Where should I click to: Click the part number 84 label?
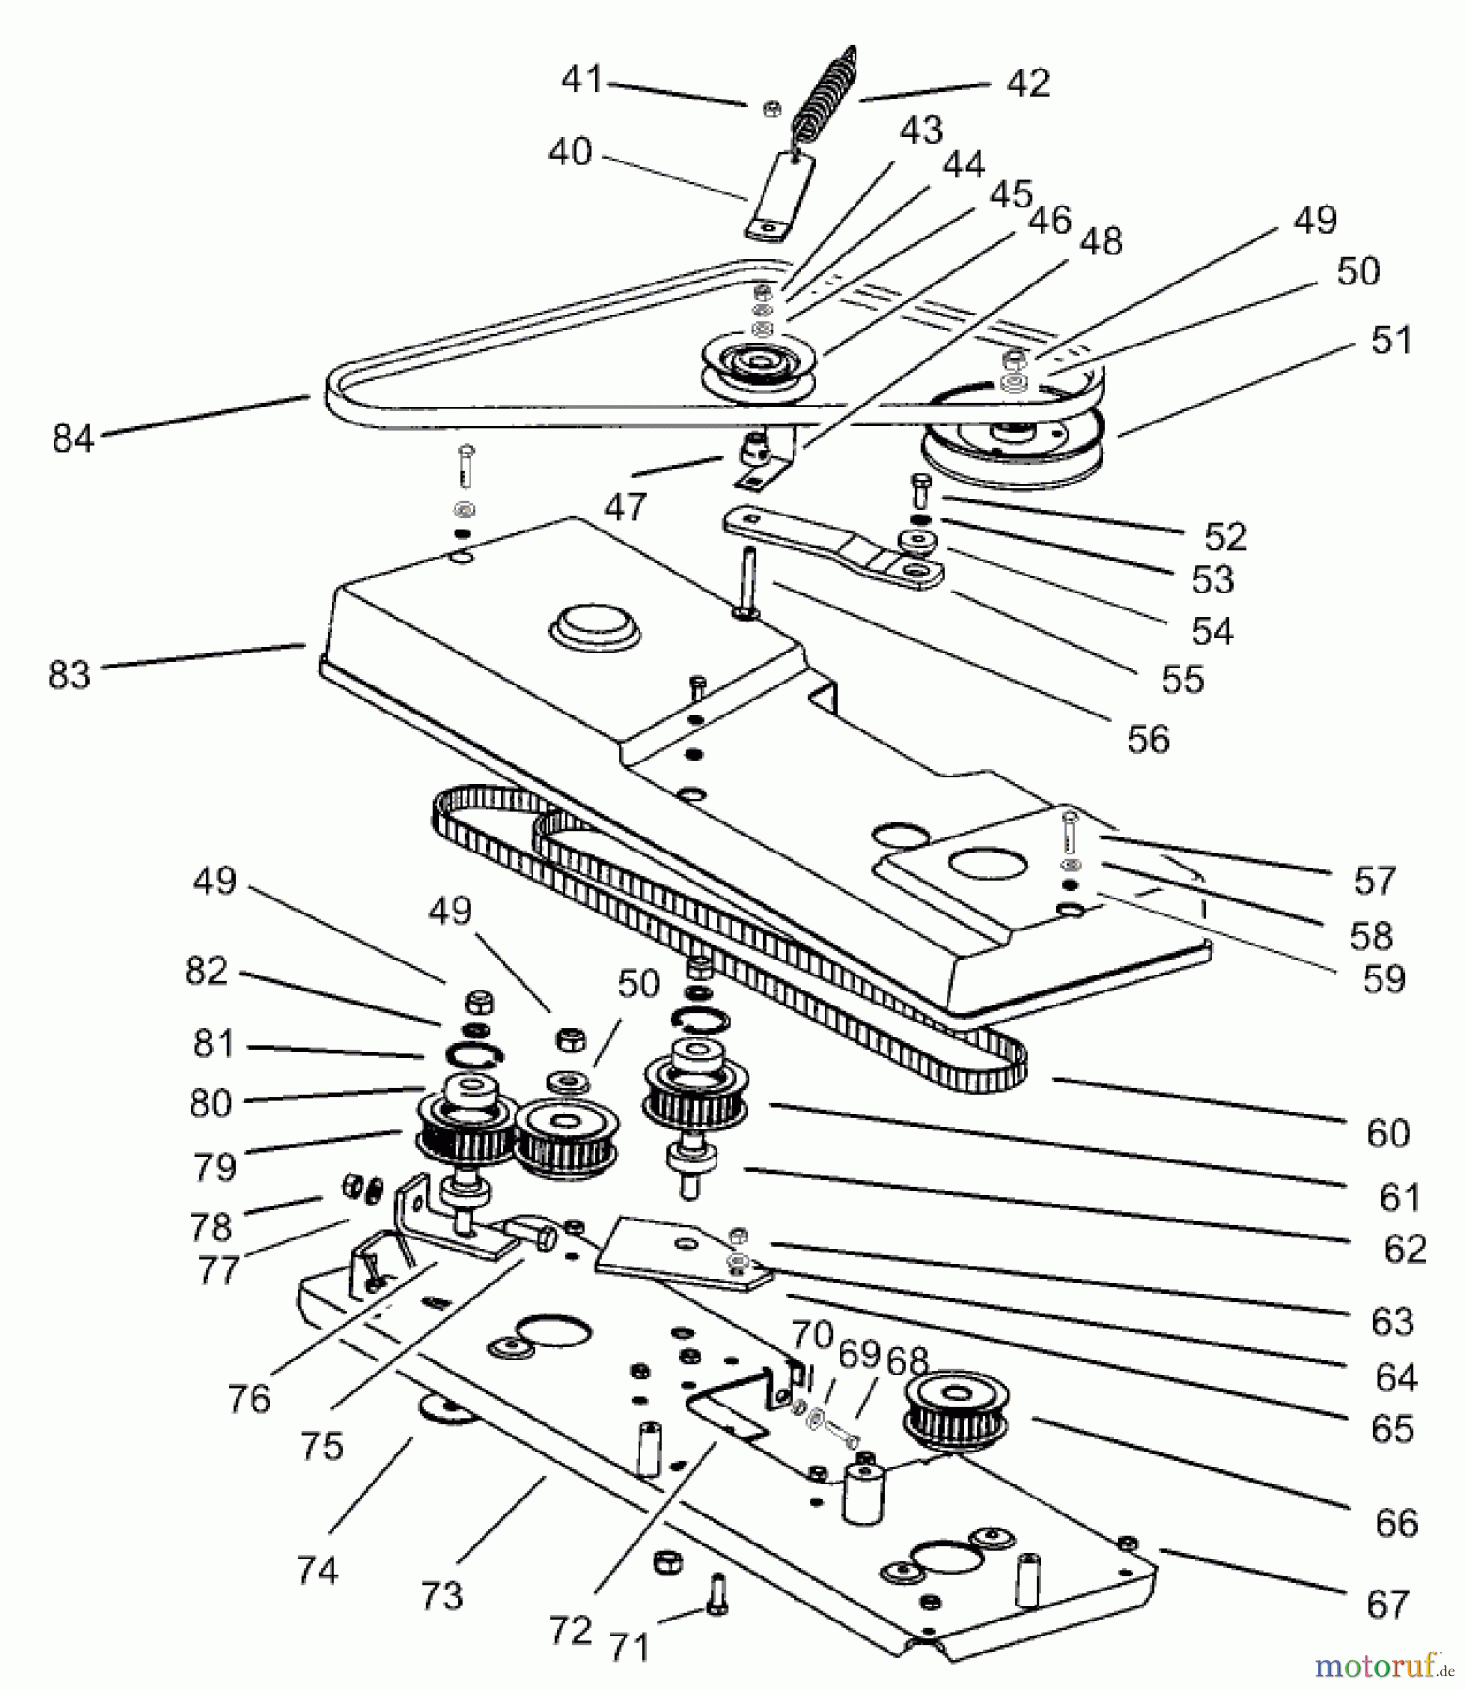[73, 438]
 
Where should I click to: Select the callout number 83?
[69, 674]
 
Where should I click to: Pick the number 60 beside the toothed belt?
[1388, 1133]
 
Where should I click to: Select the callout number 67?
[1389, 1605]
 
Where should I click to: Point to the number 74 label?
[316, 1570]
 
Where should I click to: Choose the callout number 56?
[1149, 740]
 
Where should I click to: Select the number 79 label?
[214, 1167]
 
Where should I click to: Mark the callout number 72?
[570, 1630]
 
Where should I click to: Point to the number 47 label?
[626, 508]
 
